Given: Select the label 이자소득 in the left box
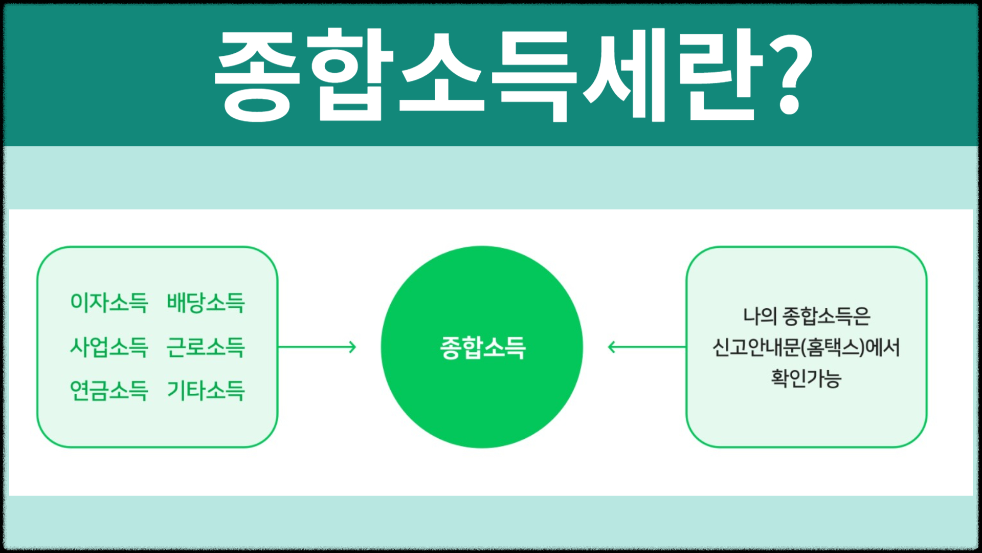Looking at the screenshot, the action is point(109,302).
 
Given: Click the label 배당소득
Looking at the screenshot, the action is point(206,302).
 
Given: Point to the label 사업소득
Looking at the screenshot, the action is point(109,347).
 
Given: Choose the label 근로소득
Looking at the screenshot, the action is point(206,347).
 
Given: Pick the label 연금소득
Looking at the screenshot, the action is point(109,390).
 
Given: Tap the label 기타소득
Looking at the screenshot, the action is point(206,390).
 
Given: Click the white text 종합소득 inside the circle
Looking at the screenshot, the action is point(482,347).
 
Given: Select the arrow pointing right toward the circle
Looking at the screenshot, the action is point(317,347).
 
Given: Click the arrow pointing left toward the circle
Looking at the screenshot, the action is point(647,347).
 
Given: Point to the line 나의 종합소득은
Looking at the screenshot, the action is point(806,316).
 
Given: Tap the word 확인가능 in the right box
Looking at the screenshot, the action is point(806,378).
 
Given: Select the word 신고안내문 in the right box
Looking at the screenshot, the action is point(755,347).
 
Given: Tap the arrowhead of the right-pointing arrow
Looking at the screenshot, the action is point(353,347).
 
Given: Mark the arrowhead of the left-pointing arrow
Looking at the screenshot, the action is point(611,347).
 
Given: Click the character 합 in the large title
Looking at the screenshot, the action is point(350,74).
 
